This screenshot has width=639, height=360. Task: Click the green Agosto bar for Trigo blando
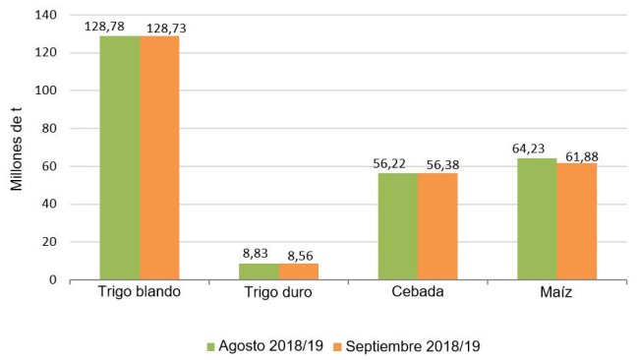click(x=120, y=158)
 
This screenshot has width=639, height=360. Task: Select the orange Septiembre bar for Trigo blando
click(x=160, y=158)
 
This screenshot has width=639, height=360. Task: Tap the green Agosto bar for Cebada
click(x=398, y=227)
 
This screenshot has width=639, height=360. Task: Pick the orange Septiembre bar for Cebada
click(x=437, y=227)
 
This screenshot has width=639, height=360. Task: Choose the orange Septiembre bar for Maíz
click(x=576, y=221)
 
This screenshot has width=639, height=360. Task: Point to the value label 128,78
click(x=119, y=27)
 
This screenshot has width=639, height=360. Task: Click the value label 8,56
click(x=299, y=255)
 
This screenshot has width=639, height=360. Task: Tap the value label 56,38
click(x=438, y=164)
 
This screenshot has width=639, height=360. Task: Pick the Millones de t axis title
click(x=17, y=148)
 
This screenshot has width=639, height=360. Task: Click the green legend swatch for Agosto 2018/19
click(x=210, y=346)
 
